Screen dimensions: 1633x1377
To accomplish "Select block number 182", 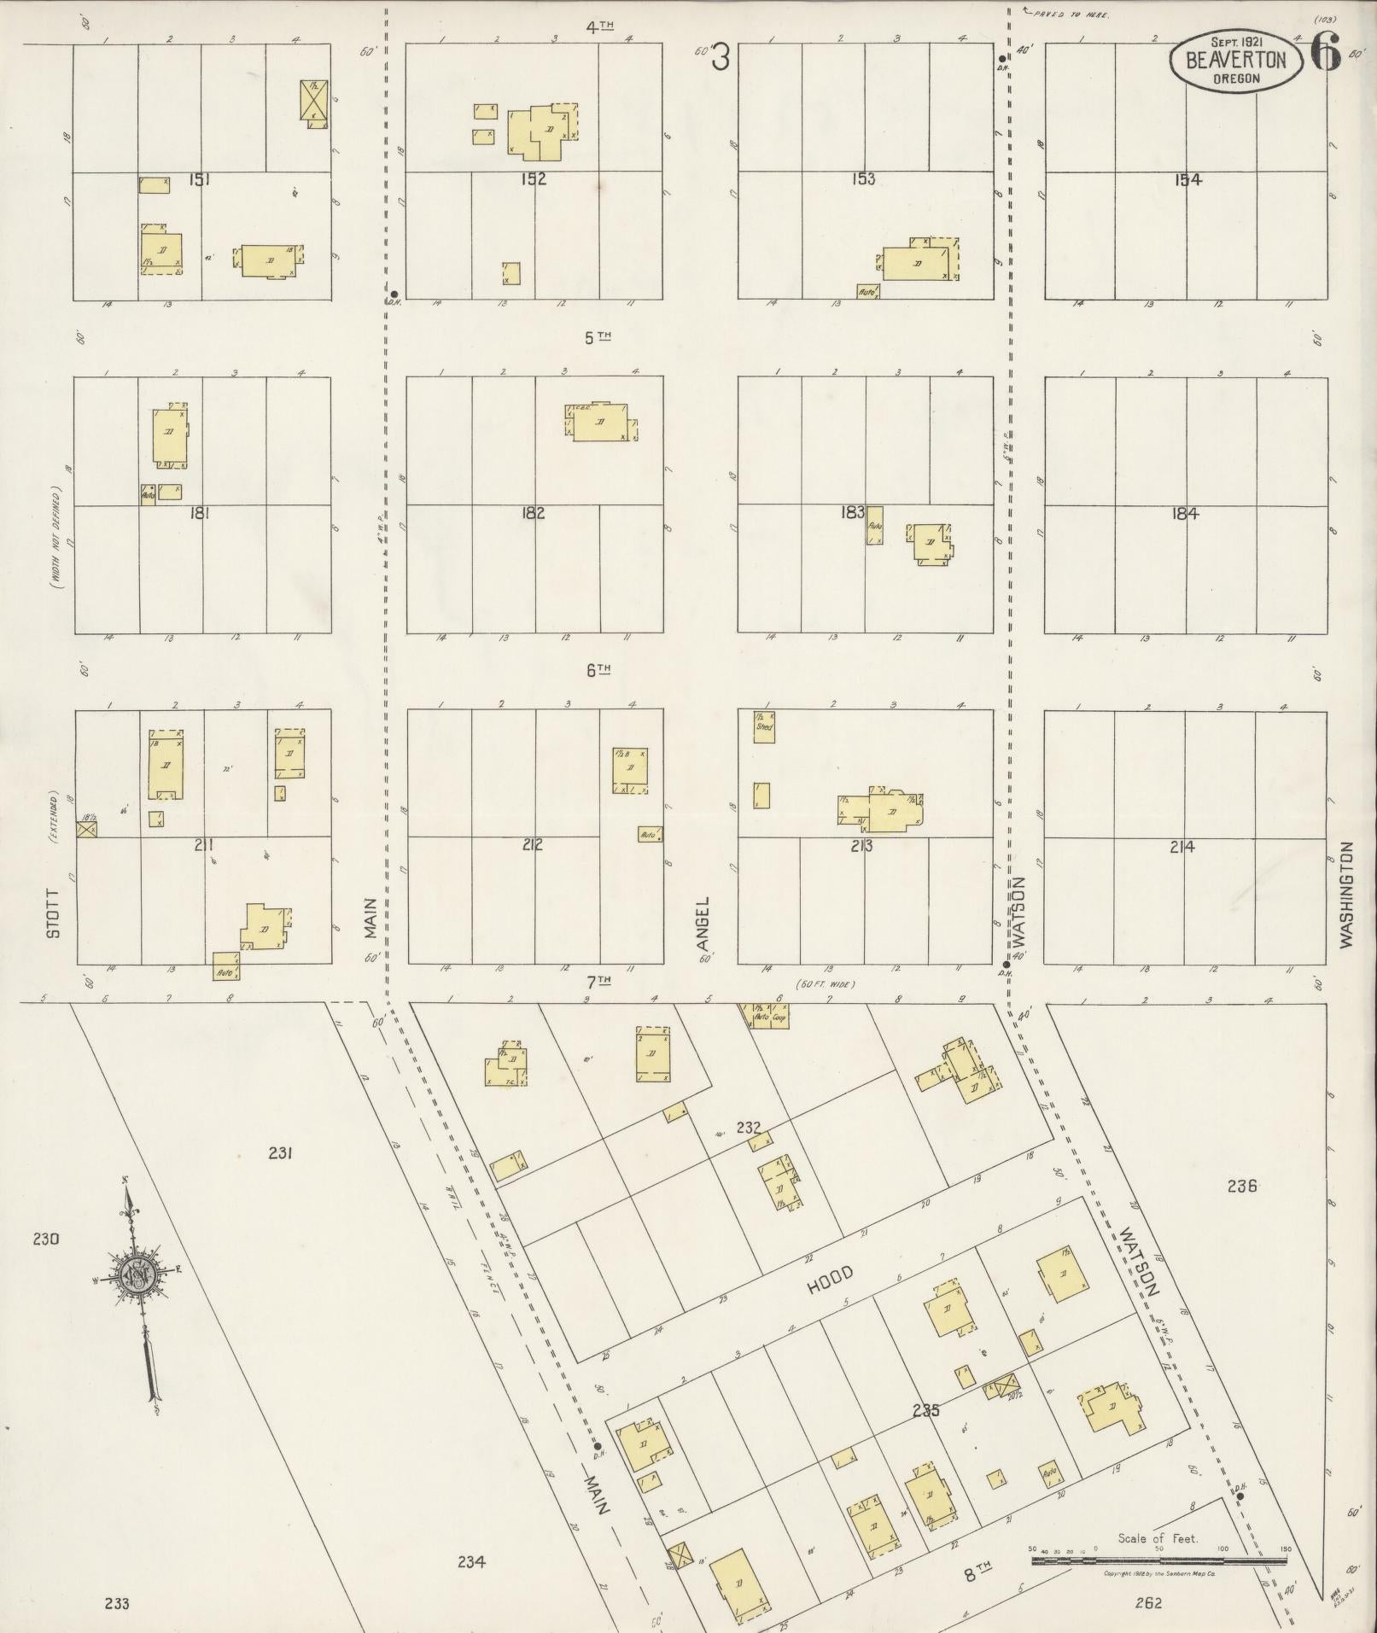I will point(533,513).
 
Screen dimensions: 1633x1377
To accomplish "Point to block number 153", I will point(863,179).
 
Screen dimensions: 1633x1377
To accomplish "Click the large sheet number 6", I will point(1325,56).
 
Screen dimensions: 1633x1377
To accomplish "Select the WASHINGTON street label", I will point(1346,894).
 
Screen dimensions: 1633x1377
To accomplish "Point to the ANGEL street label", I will point(703,924).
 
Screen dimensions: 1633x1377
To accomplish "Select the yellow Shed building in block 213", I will point(763,726).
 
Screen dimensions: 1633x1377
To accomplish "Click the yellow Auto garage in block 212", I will point(650,834).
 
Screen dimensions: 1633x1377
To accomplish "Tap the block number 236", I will point(1241,1186).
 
